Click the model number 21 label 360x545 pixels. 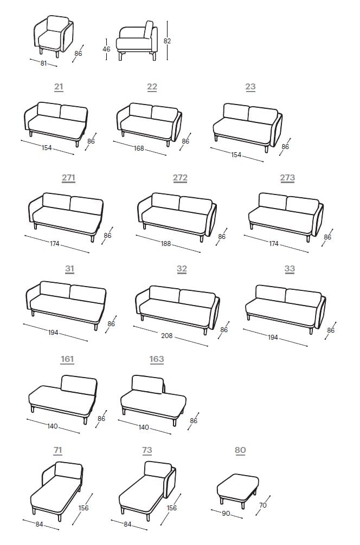pyautogui.click(x=59, y=87)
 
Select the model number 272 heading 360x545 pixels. pyautogui.click(x=180, y=178)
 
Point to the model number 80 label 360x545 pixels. pyautogui.click(x=240, y=450)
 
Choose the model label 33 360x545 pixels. pyautogui.click(x=290, y=269)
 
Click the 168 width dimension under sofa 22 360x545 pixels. pyautogui.click(x=139, y=148)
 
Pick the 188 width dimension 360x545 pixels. pyautogui.click(x=166, y=244)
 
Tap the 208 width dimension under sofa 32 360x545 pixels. pyautogui.click(x=167, y=336)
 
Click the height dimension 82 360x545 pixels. pyautogui.click(x=168, y=41)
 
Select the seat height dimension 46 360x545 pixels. pyautogui.click(x=106, y=49)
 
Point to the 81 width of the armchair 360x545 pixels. pyautogui.click(x=44, y=63)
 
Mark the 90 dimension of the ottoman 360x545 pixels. pyautogui.click(x=227, y=512)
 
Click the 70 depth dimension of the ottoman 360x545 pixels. pyautogui.click(x=263, y=505)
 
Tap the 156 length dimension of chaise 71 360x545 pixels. pyautogui.click(x=84, y=508)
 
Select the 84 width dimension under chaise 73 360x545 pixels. pyautogui.click(x=127, y=524)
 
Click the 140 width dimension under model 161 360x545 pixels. pyautogui.click(x=52, y=426)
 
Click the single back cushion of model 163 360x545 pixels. pyautogui.click(x=147, y=384)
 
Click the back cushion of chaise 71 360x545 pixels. pyautogui.click(x=68, y=471)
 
